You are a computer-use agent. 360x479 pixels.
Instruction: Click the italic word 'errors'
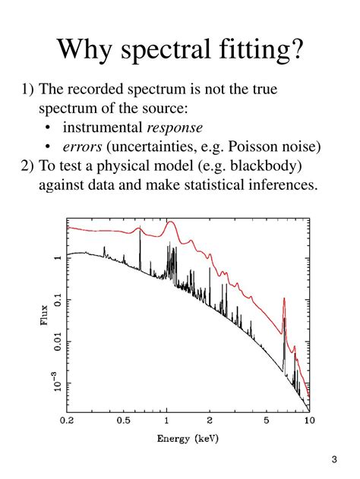pyautogui.click(x=82, y=146)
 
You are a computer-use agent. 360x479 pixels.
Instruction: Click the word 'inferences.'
pyautogui.click(x=276, y=185)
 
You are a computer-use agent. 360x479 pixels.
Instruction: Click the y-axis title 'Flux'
pyautogui.click(x=43, y=316)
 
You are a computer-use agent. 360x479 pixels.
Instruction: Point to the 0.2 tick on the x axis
pyautogui.click(x=68, y=420)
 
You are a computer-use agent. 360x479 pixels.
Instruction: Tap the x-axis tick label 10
pyautogui.click(x=308, y=420)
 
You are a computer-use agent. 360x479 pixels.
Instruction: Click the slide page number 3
pyautogui.click(x=334, y=460)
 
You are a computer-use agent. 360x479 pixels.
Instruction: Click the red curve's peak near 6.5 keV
pyautogui.click(x=283, y=299)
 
